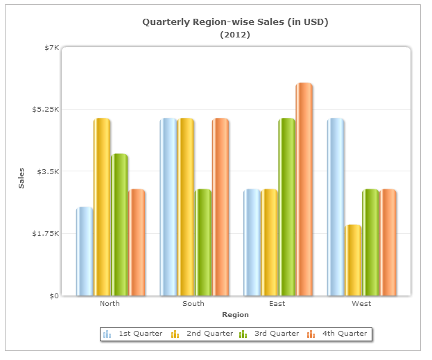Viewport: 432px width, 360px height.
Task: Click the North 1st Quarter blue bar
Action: (85, 251)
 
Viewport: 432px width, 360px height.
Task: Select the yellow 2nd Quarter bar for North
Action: (102, 207)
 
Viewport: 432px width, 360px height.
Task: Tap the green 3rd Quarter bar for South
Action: (203, 242)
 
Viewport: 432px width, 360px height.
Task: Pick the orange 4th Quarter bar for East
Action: (304, 189)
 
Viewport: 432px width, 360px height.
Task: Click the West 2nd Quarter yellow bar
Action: (353, 260)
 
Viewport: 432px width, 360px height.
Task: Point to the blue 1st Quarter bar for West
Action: (336, 207)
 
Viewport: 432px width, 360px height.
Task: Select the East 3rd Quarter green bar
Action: (287, 207)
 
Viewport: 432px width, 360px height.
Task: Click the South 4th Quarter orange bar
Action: (221, 207)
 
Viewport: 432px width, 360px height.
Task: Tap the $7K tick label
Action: (52, 47)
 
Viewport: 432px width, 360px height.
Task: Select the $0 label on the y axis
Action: (53, 296)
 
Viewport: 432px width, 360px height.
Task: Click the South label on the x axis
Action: (193, 304)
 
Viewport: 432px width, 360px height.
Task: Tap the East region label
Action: (277, 304)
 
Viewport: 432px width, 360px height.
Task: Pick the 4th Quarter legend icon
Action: (311, 334)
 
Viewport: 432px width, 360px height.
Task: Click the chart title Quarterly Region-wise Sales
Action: (235, 22)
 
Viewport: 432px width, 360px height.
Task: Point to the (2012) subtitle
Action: (235, 34)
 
